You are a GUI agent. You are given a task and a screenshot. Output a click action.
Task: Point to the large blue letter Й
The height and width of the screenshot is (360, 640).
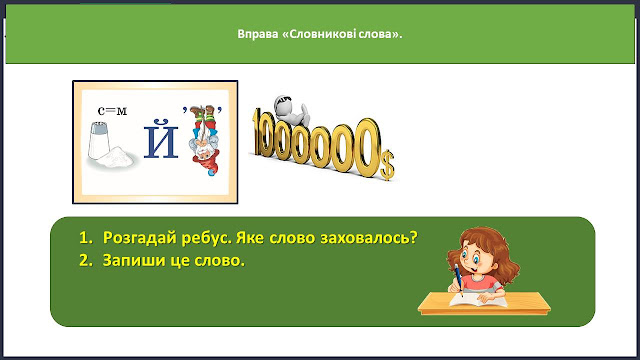(x=161, y=138)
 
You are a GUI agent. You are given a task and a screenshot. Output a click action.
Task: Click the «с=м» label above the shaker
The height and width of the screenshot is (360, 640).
(x=112, y=111)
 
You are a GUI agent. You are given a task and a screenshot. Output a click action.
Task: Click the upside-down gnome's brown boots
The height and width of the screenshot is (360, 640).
(x=203, y=110)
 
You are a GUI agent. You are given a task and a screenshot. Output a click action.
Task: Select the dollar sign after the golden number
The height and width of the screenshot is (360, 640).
(x=387, y=165)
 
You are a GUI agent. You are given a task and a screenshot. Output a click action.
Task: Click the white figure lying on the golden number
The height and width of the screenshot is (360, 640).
(x=292, y=110)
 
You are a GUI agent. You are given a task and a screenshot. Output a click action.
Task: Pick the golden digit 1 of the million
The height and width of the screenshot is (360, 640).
(x=258, y=133)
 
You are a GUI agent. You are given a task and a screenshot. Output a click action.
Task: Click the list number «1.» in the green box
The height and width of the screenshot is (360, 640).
(x=86, y=238)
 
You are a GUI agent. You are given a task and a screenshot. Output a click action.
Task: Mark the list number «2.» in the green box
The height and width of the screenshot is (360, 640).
(x=86, y=260)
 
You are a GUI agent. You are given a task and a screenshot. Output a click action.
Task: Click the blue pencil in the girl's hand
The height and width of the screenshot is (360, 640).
(x=459, y=280)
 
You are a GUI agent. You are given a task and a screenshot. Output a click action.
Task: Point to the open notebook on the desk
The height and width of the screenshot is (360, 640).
(x=478, y=300)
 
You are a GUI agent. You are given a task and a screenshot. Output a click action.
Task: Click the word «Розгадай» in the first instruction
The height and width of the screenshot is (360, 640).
(x=140, y=238)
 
